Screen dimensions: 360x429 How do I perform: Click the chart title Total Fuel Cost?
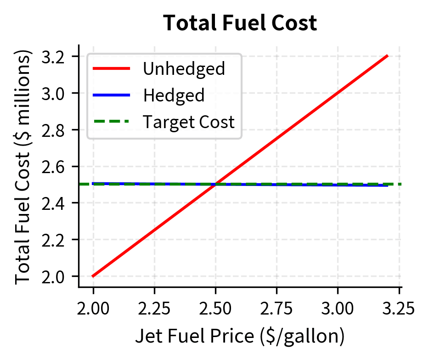[x=240, y=23]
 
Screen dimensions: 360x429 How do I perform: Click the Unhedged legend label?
[x=184, y=69]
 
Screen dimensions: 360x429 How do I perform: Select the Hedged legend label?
[x=174, y=96]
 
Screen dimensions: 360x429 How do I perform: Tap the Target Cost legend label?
[x=189, y=122]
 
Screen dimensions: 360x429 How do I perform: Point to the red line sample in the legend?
[x=112, y=69]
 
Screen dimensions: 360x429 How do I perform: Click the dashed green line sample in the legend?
[x=112, y=122]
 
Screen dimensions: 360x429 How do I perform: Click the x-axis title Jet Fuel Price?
[x=240, y=337]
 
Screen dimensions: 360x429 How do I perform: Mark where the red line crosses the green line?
[x=215, y=184]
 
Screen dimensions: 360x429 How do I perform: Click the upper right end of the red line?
[x=388, y=56]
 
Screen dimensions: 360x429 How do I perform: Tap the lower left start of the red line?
[x=93, y=276]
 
